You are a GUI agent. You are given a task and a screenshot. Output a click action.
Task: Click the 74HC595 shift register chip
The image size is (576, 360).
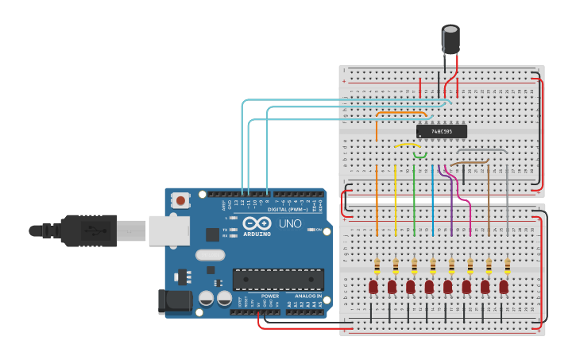click(x=441, y=131)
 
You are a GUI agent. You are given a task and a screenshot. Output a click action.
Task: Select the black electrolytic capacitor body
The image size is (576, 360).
click(x=450, y=40)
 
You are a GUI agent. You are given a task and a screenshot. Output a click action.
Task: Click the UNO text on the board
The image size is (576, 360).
click(x=290, y=223)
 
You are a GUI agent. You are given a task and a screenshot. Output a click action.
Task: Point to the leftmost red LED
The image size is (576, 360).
click(x=373, y=286)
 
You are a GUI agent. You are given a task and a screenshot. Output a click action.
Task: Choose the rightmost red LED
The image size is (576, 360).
click(x=504, y=286)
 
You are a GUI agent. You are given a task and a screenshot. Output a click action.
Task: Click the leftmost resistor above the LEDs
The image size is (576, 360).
click(x=377, y=265)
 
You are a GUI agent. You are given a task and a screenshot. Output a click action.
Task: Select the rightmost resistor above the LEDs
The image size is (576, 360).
click(x=508, y=265)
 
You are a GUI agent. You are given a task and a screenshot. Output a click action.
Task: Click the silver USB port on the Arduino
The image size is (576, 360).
click(x=168, y=230)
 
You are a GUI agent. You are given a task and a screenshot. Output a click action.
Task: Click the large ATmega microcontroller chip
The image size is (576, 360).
click(x=277, y=279)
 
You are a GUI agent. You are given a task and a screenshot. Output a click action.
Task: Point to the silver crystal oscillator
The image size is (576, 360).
click(x=210, y=255)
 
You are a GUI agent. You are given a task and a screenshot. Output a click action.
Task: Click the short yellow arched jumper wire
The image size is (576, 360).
click(x=408, y=145)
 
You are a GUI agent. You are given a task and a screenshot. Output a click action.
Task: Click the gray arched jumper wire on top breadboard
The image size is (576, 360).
click(x=481, y=150)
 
